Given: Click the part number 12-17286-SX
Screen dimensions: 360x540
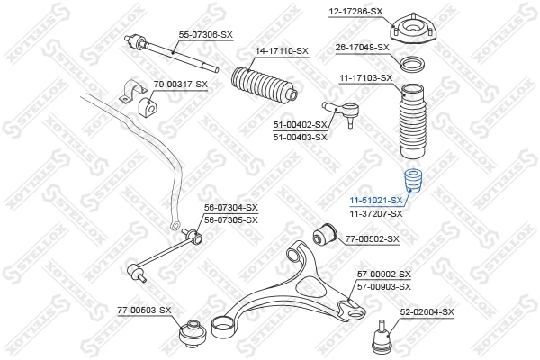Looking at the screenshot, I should [x=356, y=11].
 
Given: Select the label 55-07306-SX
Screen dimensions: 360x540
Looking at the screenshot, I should [x=206, y=33].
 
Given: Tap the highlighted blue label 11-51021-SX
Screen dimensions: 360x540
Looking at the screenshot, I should [x=375, y=200].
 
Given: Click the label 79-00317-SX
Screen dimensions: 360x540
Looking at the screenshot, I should [x=180, y=84].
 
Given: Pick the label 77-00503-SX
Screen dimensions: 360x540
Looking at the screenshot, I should [x=144, y=310].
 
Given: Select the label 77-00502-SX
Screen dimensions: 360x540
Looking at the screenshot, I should [x=373, y=238].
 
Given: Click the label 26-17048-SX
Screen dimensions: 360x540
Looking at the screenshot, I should [x=362, y=47].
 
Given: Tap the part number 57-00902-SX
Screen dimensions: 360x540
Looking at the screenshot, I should [x=383, y=274].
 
